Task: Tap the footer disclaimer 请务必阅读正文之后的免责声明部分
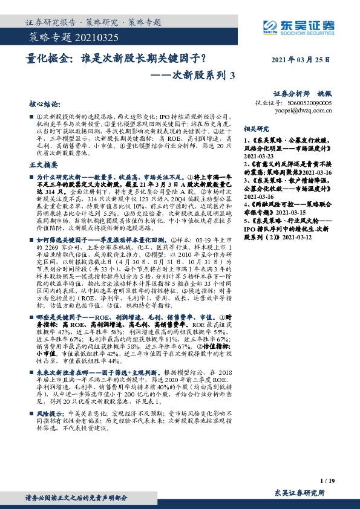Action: pyautogui.click(x=76, y=498)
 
